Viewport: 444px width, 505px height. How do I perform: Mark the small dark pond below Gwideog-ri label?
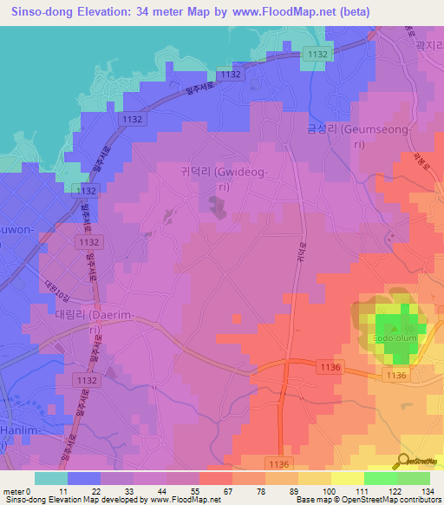[x=214, y=206]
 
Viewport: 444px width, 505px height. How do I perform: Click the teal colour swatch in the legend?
[x=51, y=477]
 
